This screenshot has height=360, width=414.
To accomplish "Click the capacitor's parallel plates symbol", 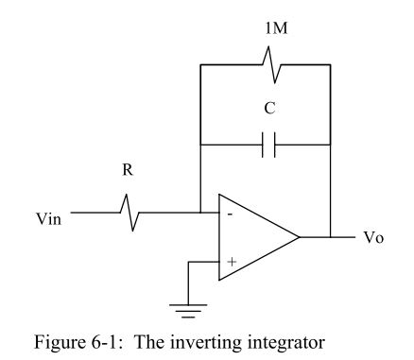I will (267, 146).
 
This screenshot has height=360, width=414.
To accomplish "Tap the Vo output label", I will (373, 237).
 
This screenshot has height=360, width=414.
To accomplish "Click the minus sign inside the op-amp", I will (231, 214).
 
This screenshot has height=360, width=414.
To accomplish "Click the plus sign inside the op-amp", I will (231, 261).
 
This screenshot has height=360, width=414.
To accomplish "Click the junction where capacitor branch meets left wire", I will (200, 146).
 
